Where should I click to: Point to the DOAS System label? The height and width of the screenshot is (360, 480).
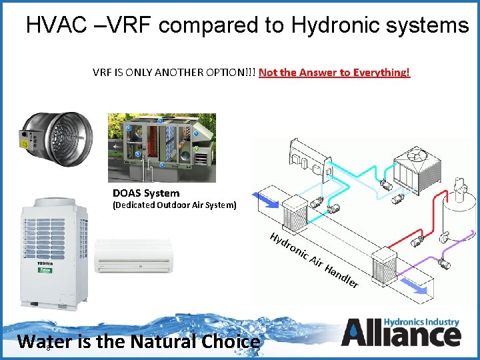(x=146, y=193)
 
